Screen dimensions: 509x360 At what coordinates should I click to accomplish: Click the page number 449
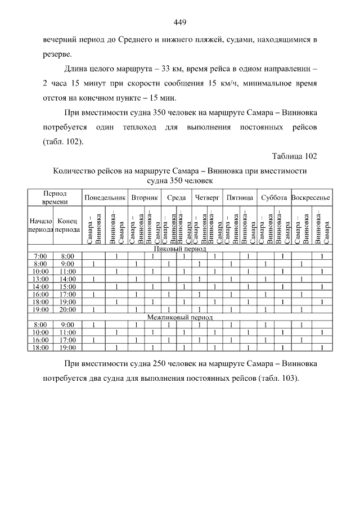(x=180, y=22)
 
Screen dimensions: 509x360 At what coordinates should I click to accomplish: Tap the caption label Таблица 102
(x=294, y=156)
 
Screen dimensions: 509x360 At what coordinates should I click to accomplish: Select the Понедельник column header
(x=105, y=199)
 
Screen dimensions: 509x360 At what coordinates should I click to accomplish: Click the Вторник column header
(x=145, y=199)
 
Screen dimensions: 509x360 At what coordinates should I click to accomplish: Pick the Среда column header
(x=176, y=199)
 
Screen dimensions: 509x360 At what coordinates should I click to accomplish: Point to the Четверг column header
(x=206, y=199)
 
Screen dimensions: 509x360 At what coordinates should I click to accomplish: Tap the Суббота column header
(x=273, y=199)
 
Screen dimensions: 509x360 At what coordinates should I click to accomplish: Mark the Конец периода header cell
(x=67, y=226)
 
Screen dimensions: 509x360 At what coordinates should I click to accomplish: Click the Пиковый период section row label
(x=180, y=249)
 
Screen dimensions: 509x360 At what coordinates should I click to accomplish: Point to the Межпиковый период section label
(x=180, y=317)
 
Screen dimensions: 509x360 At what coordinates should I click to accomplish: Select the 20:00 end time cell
(x=67, y=309)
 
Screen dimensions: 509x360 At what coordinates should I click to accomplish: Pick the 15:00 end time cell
(x=67, y=286)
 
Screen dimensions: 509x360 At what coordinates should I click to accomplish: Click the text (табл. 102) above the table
(x=63, y=141)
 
